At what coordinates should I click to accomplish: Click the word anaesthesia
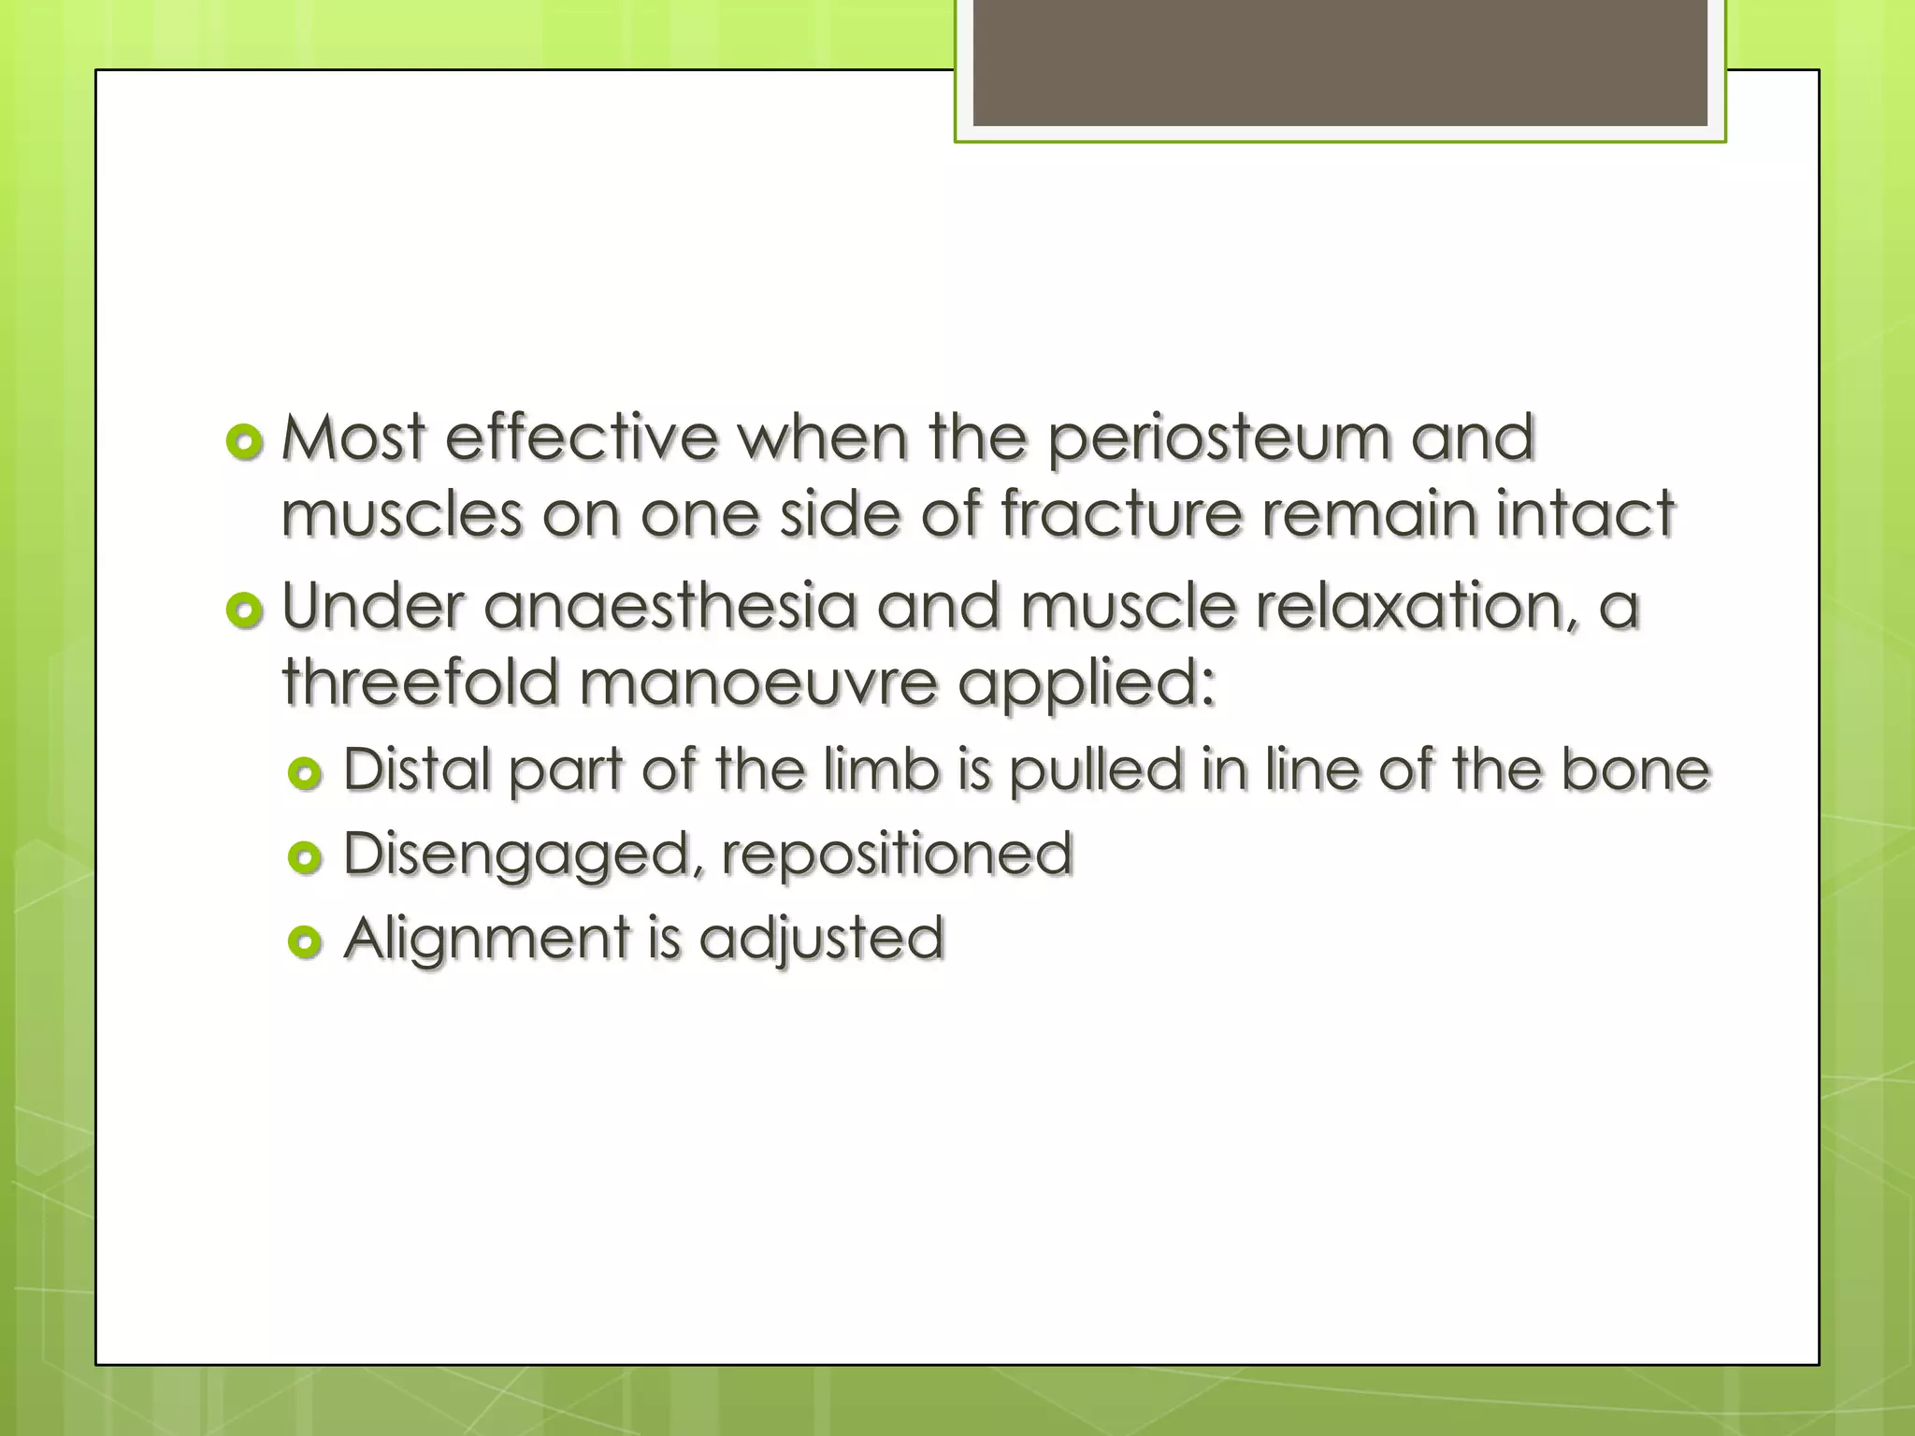(670, 607)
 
